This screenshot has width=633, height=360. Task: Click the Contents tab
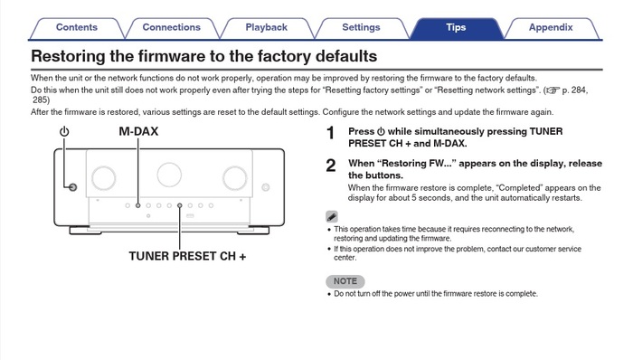tap(77, 28)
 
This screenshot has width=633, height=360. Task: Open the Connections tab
tap(172, 28)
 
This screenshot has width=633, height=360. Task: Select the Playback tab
tap(267, 28)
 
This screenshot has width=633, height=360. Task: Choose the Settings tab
tap(362, 28)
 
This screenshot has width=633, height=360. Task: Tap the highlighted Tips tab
tap(456, 28)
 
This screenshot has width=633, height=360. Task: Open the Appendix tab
tap(551, 28)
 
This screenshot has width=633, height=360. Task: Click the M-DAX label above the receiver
tap(138, 131)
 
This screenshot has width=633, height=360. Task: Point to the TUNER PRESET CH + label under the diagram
tap(187, 256)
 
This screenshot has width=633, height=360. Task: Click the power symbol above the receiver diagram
tap(64, 131)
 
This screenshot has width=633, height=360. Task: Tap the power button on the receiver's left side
tap(72, 187)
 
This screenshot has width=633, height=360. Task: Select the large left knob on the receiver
tap(104, 177)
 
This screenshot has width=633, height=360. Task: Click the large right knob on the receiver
tap(235, 177)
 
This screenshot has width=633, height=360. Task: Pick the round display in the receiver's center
tap(169, 175)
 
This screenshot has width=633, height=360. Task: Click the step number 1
tap(331, 133)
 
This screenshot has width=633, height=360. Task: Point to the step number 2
tap(331, 166)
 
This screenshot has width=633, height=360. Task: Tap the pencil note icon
tap(332, 217)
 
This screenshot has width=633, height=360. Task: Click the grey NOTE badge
tap(345, 281)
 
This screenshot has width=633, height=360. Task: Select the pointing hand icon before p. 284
tap(553, 90)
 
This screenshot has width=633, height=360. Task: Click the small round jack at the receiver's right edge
tap(266, 187)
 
